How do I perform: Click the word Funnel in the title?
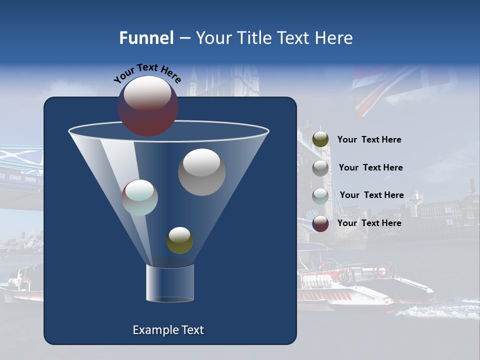coord(146,38)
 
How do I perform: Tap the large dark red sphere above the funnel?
coord(148,105)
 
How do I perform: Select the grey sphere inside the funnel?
coord(201,172)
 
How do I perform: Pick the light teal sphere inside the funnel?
coord(140,197)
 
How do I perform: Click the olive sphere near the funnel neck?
coord(179,240)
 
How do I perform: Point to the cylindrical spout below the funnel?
coord(170,283)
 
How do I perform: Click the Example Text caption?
coord(168,330)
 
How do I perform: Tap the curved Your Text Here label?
coord(147,73)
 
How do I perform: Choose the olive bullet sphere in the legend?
coord(320,139)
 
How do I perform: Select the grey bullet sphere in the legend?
coord(320,168)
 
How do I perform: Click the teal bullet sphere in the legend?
coord(320,196)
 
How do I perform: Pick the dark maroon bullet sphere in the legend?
coord(320,223)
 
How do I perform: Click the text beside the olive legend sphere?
coord(369,140)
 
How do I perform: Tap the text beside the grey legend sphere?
coord(370,168)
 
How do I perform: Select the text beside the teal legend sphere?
coord(371,195)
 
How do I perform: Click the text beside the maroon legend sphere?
coord(369,223)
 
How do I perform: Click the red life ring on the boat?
coord(382,271)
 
